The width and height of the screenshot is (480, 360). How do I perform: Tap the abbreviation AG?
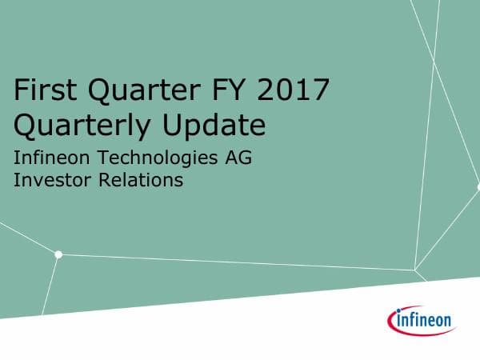[x=239, y=158]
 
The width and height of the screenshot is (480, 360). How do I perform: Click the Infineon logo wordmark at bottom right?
[x=424, y=322]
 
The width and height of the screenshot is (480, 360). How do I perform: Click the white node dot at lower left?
[x=58, y=254]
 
